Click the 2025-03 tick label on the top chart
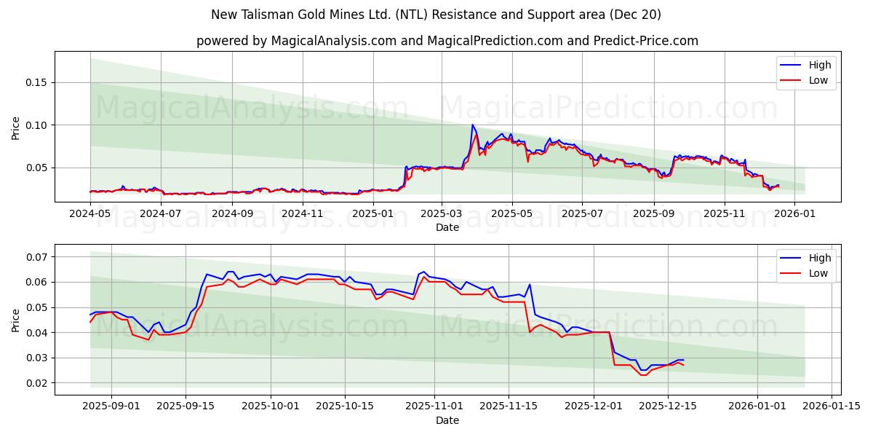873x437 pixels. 442,213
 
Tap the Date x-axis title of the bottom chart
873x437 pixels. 447,420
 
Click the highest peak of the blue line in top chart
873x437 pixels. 472,125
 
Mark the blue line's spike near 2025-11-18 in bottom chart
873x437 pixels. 530,285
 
